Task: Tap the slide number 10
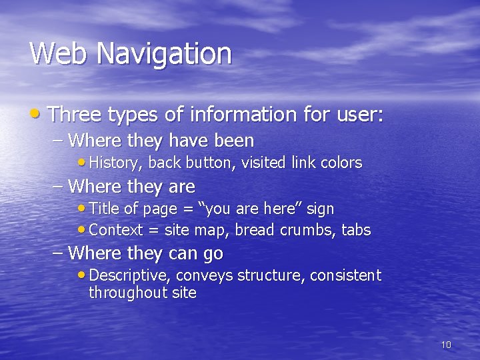pos(446,345)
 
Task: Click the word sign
pos(320,209)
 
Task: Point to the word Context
pos(115,230)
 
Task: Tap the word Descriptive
pos(124,275)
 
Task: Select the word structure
pos(272,275)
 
